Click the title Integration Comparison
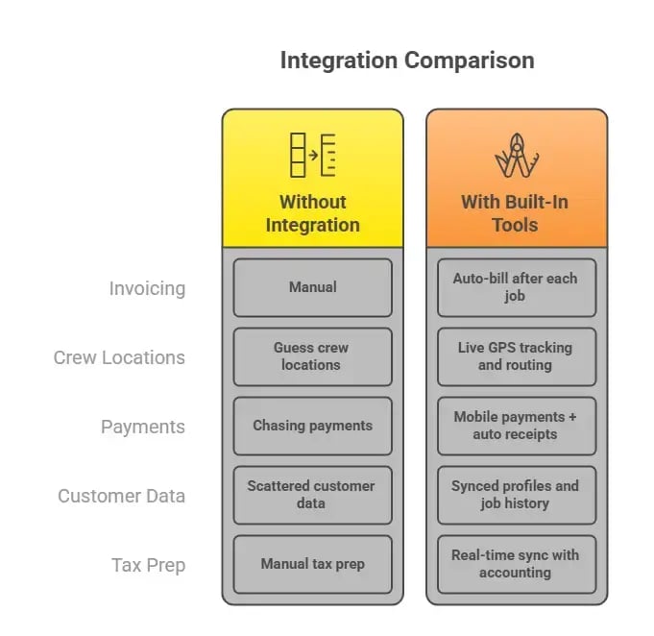tap(406, 61)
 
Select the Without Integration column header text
tap(312, 213)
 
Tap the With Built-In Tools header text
tap(516, 213)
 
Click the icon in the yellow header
tap(312, 155)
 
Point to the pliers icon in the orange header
tap(516, 156)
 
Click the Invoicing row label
tap(147, 288)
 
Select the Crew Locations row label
tap(119, 357)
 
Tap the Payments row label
tap(143, 427)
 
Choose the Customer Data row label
tap(121, 496)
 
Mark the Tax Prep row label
tap(148, 565)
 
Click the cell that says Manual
tap(312, 287)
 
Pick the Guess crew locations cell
tap(312, 356)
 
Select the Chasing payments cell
tap(312, 426)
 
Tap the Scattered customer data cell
tap(312, 495)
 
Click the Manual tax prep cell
tap(312, 564)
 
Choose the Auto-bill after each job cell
tap(516, 287)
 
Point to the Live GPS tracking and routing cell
tap(516, 356)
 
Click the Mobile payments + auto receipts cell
tap(516, 426)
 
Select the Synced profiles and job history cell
tap(516, 495)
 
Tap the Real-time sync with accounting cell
tap(516, 564)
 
